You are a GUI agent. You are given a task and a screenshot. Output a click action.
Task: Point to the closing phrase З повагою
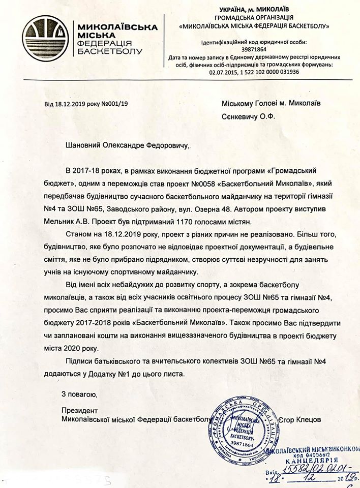point(77,394)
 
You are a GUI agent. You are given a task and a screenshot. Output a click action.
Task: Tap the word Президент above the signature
point(78,410)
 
